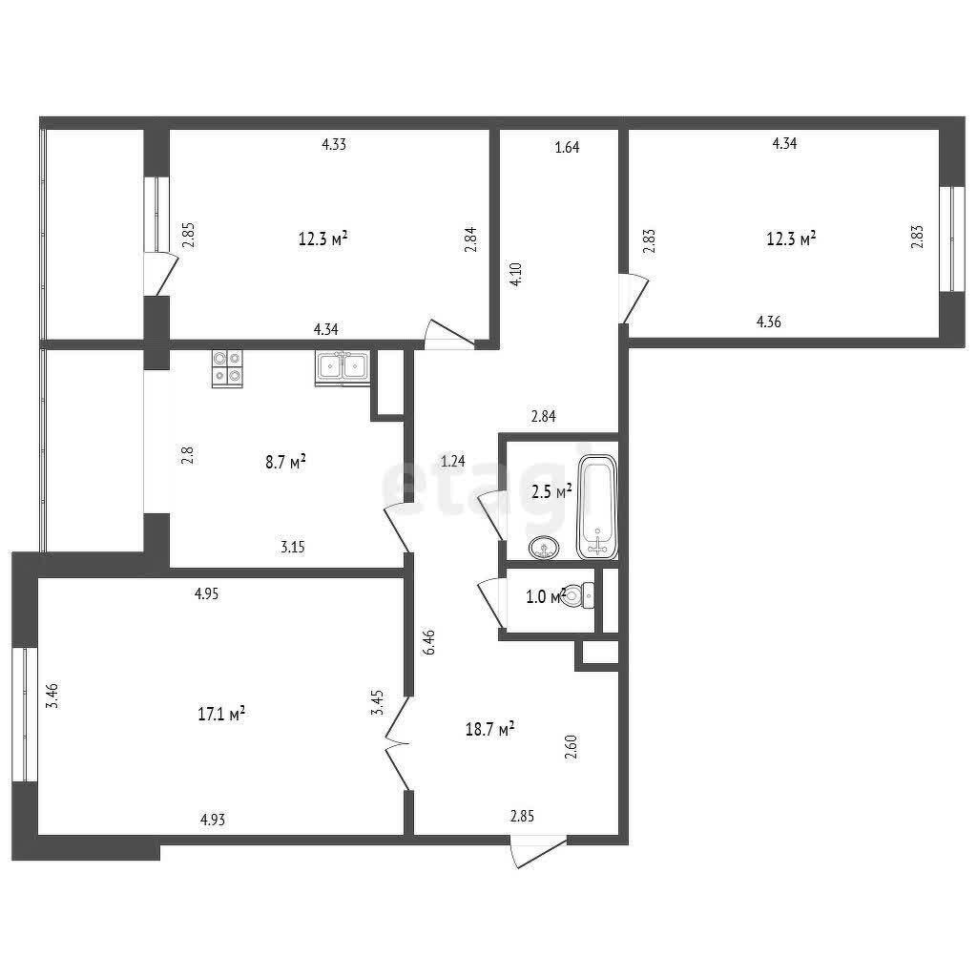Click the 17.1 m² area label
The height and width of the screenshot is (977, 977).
point(221,714)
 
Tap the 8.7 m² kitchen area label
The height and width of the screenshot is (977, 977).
point(285,462)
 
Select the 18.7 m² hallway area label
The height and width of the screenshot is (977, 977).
point(489,728)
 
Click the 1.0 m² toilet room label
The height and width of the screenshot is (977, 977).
point(546,596)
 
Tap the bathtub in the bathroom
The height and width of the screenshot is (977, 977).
point(597,508)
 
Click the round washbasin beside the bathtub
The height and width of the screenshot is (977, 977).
point(544,549)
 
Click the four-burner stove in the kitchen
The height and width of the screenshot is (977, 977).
point(227,368)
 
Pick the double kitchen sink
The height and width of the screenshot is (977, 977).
point(343,368)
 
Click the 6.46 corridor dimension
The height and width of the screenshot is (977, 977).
point(428,642)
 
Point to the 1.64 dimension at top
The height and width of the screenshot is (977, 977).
point(567,148)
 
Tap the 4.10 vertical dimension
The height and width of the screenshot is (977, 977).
point(516,274)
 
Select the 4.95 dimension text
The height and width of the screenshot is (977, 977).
point(207,593)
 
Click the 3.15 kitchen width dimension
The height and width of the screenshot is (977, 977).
point(292,547)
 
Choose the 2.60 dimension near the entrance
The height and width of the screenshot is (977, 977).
point(571,747)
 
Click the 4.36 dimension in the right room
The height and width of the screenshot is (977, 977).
point(768,322)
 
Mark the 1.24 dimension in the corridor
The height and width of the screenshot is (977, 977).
point(453,461)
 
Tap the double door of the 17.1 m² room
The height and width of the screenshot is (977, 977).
point(398,743)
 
